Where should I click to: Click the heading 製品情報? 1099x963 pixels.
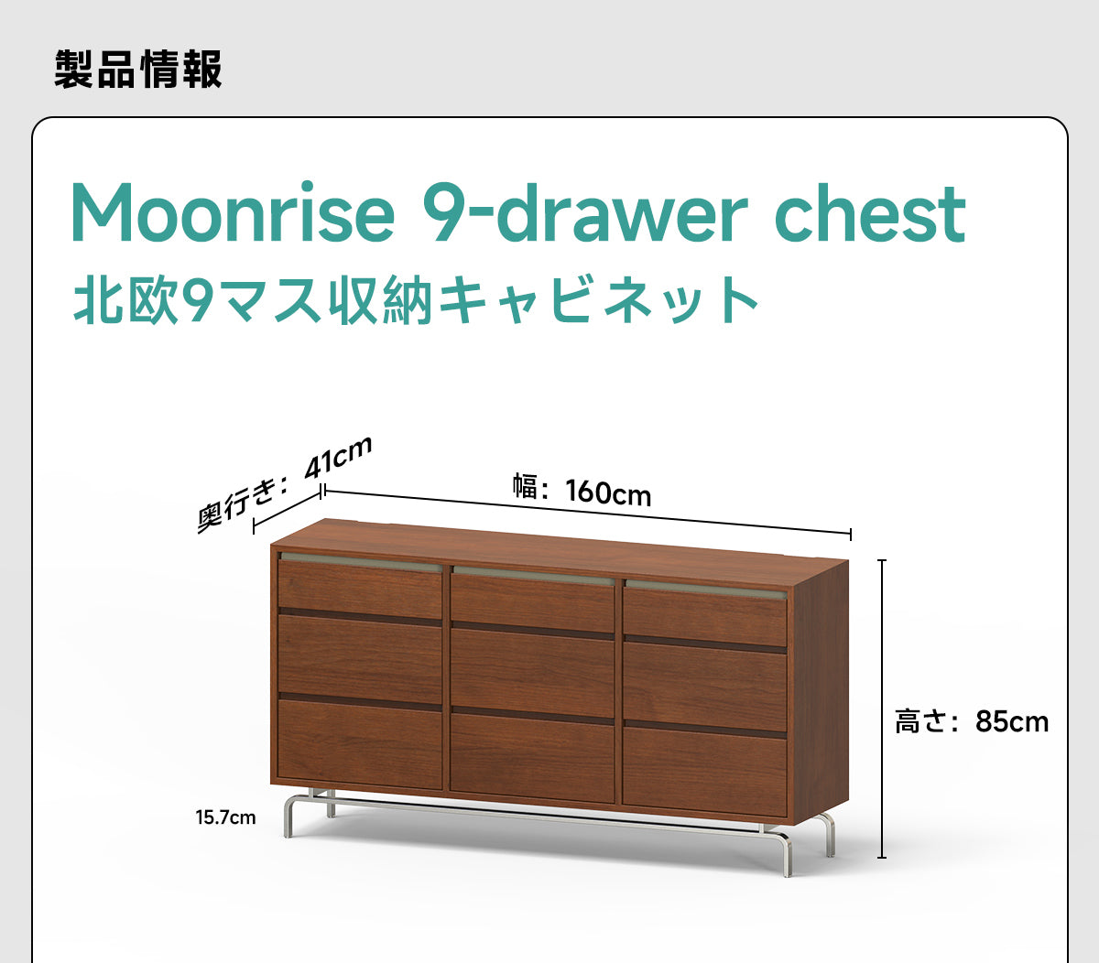(x=138, y=69)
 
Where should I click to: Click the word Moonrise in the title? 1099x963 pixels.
(x=233, y=213)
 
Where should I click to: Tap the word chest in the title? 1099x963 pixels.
(x=871, y=213)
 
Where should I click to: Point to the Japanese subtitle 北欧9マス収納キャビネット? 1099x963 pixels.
(x=416, y=300)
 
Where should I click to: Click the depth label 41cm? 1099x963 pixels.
(x=337, y=459)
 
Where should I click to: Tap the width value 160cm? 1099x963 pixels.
(x=608, y=492)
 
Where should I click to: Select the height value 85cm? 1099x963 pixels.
(x=1012, y=721)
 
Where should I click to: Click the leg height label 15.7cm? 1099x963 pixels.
(x=225, y=817)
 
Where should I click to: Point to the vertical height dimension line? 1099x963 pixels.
(x=882, y=709)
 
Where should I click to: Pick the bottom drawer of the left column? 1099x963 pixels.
(x=360, y=744)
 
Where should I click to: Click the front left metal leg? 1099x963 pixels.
(x=289, y=815)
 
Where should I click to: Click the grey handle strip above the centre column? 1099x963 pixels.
(x=533, y=575)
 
